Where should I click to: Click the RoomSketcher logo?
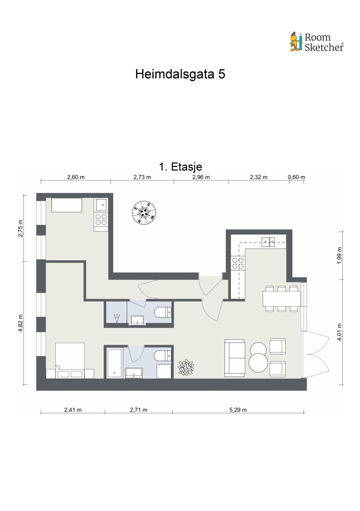tap(317, 42)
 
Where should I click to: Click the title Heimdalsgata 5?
tap(180, 74)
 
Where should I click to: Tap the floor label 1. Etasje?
tap(180, 167)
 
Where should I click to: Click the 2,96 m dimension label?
tap(200, 177)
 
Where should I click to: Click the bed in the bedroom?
tap(69, 358)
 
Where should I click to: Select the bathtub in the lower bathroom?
tap(114, 363)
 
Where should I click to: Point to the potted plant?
tap(186, 368)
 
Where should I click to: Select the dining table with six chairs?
tap(282, 299)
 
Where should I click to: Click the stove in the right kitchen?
tap(238, 263)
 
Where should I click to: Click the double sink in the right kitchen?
tap(268, 242)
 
